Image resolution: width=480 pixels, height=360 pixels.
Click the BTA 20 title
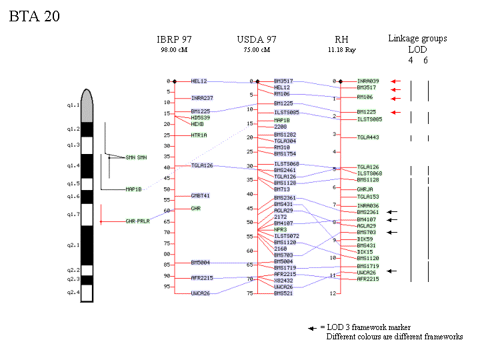pyautogui.click(x=35, y=17)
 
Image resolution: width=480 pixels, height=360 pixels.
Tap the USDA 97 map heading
pyautogui.click(x=257, y=39)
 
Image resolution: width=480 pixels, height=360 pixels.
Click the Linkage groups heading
pyautogui.click(x=417, y=39)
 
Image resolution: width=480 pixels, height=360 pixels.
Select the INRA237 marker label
pyautogui.click(x=202, y=98)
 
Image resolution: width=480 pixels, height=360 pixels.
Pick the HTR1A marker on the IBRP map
pyautogui.click(x=199, y=135)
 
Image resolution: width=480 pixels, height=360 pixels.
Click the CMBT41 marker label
pyautogui.click(x=201, y=195)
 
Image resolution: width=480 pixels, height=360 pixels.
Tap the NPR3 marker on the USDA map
pyautogui.click(x=280, y=229)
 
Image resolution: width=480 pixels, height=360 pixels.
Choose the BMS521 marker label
pyautogui.click(x=283, y=293)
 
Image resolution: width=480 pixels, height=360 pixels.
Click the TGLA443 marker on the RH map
pyautogui.click(x=367, y=137)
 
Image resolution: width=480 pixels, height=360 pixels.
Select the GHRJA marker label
pyautogui.click(x=365, y=189)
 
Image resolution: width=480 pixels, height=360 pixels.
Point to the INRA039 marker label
pyautogui.click(x=368, y=81)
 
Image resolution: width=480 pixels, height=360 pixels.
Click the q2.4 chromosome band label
pyautogui.click(x=73, y=292)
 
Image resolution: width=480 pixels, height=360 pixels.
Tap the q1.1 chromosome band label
pyautogui.click(x=73, y=105)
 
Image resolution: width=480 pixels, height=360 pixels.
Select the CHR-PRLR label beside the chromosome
pyautogui.click(x=138, y=221)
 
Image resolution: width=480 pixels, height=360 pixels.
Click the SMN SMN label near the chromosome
pyautogui.click(x=137, y=157)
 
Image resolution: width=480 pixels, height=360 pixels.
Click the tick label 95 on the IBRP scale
pyautogui.click(x=167, y=287)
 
